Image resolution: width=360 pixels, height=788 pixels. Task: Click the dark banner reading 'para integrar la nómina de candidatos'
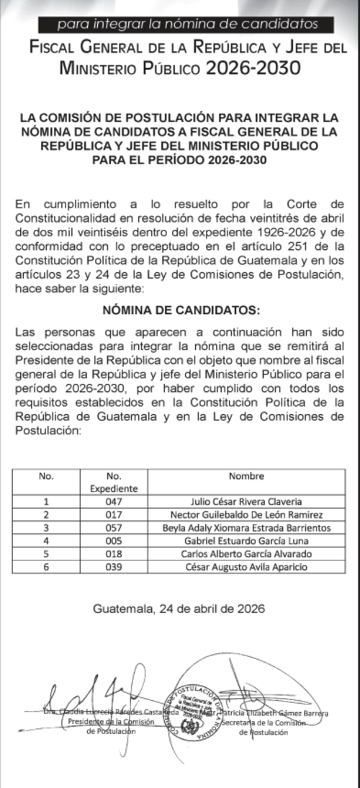186,24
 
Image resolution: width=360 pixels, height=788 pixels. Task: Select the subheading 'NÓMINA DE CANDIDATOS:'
180,311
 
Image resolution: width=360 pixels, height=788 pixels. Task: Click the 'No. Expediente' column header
114,481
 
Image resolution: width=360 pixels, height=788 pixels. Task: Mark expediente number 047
114,501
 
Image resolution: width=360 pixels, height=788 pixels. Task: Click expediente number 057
114,527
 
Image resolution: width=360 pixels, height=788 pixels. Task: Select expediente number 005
114,540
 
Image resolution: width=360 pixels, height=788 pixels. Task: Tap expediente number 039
114,566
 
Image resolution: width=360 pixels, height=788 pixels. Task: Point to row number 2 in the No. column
46,514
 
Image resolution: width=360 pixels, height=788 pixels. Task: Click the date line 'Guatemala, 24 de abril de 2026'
179,609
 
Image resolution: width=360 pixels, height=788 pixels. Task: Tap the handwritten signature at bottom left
94,706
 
